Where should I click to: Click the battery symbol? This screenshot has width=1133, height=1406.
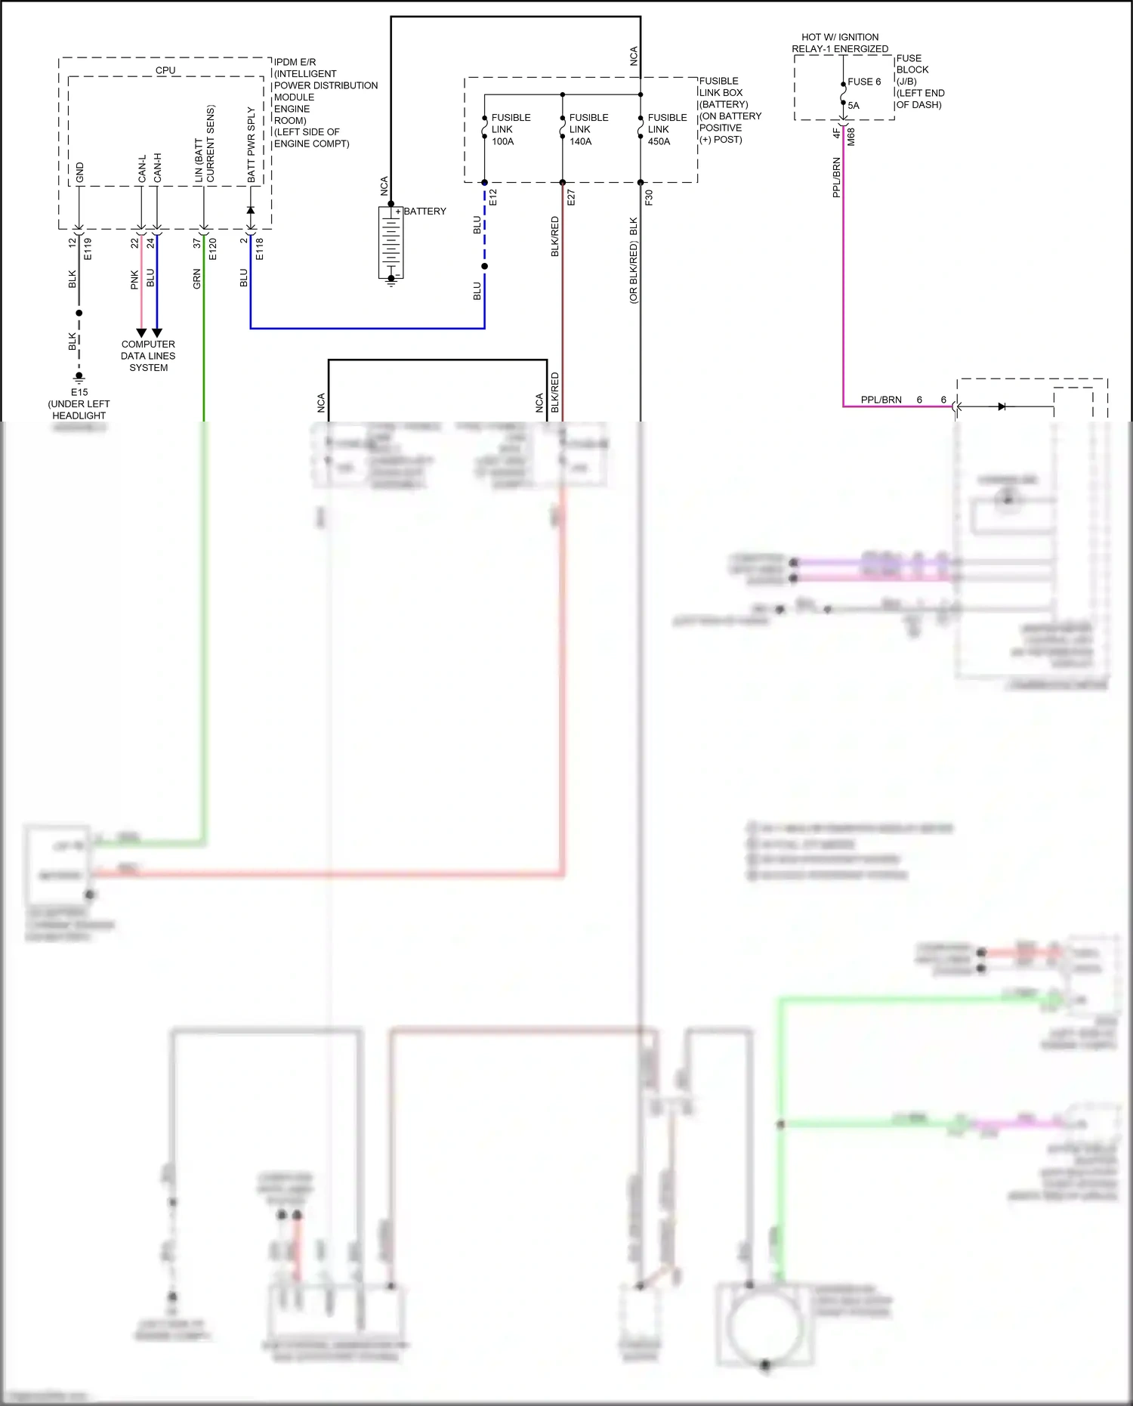391,243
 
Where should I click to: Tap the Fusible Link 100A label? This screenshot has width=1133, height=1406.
511,129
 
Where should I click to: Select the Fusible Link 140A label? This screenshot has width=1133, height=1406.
588,129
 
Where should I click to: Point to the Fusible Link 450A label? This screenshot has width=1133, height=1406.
667,129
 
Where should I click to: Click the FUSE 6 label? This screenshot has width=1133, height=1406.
864,82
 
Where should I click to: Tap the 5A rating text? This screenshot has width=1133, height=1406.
854,106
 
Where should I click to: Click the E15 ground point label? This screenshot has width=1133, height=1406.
79,392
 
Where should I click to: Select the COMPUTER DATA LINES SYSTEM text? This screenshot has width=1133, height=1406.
148,356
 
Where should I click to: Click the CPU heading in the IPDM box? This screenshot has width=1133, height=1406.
165,70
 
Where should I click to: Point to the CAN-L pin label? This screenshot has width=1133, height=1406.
142,168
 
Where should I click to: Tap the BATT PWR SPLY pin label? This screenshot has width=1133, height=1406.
252,144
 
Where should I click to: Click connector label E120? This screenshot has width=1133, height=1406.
213,249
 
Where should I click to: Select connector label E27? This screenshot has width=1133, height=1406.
571,197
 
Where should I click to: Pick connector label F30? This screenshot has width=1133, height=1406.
649,197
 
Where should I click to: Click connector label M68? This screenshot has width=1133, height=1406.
851,137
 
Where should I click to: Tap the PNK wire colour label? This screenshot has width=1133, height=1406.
134,280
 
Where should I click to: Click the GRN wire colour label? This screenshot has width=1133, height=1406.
197,279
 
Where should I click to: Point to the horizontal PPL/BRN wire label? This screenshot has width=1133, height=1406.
881,400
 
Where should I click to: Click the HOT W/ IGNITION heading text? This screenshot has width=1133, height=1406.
840,37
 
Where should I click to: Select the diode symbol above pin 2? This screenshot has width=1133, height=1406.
251,210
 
